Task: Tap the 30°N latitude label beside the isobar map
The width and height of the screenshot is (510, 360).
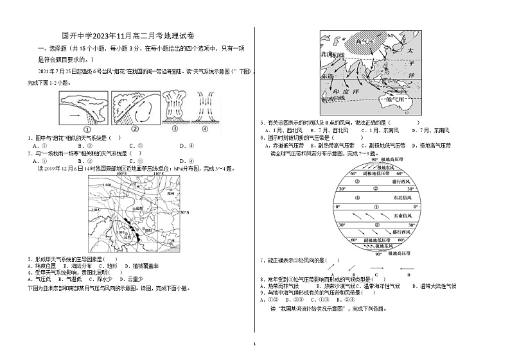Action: [x=184, y=212]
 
